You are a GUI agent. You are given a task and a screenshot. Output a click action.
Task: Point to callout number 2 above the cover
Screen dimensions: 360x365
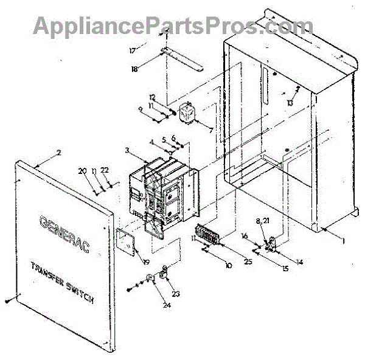pos(58,153)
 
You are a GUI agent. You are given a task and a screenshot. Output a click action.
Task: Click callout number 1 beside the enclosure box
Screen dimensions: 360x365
pos(343,241)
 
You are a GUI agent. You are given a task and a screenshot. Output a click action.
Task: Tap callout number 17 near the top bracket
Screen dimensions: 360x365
pos(133,51)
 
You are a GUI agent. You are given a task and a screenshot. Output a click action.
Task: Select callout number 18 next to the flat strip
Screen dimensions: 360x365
pos(134,69)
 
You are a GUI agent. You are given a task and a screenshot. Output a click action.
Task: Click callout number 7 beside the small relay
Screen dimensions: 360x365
pos(211,130)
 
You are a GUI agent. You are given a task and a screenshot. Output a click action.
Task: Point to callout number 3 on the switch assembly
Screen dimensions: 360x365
pos(127,150)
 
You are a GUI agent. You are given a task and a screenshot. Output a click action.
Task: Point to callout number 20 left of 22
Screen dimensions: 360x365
pos(82,171)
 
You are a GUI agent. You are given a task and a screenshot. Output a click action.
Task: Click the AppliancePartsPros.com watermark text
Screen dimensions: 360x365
pos(173,26)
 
